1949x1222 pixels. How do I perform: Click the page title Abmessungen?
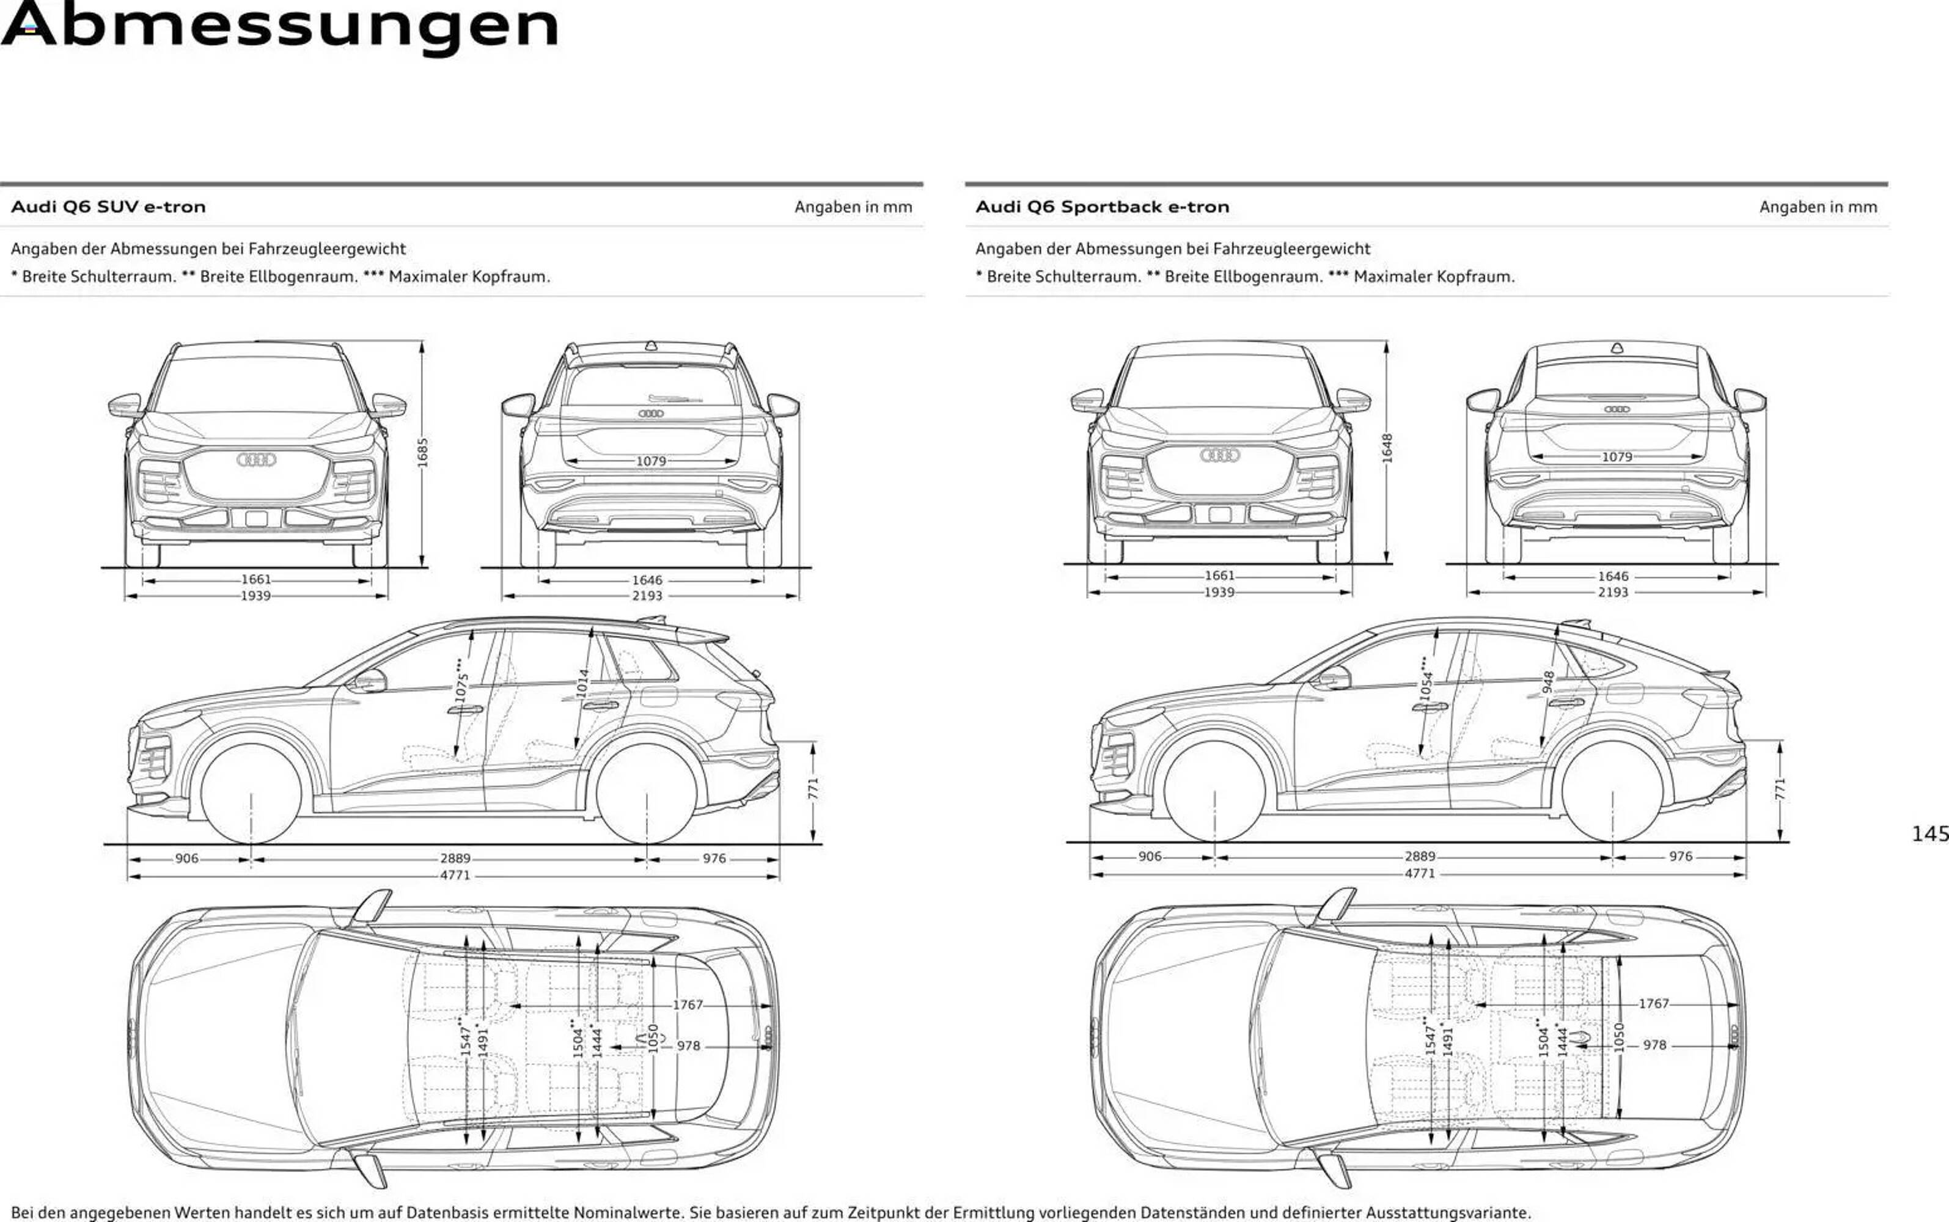279,26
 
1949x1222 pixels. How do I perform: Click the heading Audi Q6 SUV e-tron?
108,207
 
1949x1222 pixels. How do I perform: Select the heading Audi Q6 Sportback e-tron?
1102,207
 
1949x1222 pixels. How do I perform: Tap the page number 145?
1929,833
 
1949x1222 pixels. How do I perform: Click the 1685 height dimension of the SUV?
422,453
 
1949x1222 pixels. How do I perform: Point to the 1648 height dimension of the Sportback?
1386,448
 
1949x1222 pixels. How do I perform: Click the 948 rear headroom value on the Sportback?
1548,682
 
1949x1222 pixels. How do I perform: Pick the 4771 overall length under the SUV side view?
455,876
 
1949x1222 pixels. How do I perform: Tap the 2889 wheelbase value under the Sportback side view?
1420,857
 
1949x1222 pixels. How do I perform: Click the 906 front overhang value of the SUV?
187,858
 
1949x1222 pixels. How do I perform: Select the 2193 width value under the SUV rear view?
647,596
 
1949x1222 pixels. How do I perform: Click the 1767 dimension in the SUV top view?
688,1004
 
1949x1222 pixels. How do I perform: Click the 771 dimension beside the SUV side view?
813,788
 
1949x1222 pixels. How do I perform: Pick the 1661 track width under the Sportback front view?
1219,576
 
